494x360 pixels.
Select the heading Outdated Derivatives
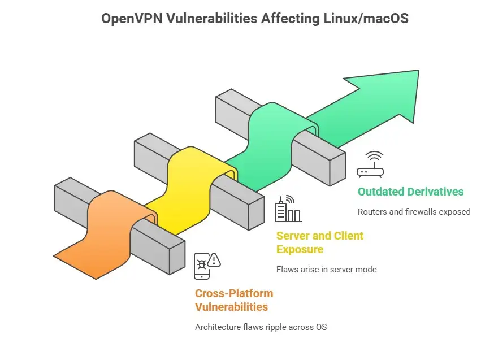(x=410, y=192)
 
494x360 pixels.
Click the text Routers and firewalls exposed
(x=414, y=212)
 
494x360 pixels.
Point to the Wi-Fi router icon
(x=371, y=164)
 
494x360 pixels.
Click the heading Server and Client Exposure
(x=319, y=242)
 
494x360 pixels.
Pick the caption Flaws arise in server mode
(x=326, y=269)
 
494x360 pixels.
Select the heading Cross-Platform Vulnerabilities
(x=234, y=300)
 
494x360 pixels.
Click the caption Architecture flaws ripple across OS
(x=261, y=327)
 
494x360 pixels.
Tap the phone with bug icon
(x=202, y=266)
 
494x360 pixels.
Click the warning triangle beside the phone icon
(x=214, y=260)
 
